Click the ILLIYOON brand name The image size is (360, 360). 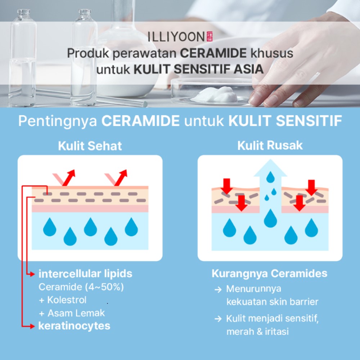click(176, 37)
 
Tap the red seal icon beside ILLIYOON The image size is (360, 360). click(210, 36)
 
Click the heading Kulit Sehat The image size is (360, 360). click(90, 146)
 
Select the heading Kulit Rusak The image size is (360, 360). click(270, 145)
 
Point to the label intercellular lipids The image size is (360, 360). click(85, 274)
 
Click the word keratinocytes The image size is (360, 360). click(74, 326)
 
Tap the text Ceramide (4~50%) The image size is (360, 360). click(81, 287)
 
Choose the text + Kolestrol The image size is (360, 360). click(63, 300)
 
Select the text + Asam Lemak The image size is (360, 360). click(72, 313)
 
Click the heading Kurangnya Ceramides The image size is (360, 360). click(270, 273)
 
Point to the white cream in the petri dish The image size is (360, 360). click(215, 95)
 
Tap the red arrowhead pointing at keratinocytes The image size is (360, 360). click(32, 326)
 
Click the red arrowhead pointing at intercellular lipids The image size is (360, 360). click(32, 274)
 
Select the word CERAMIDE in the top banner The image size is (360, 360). click(213, 53)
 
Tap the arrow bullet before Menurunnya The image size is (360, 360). click(218, 289)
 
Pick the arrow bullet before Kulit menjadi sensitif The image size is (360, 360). click(218, 319)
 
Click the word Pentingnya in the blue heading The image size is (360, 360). click(58, 121)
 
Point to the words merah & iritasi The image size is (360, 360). click(258, 332)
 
